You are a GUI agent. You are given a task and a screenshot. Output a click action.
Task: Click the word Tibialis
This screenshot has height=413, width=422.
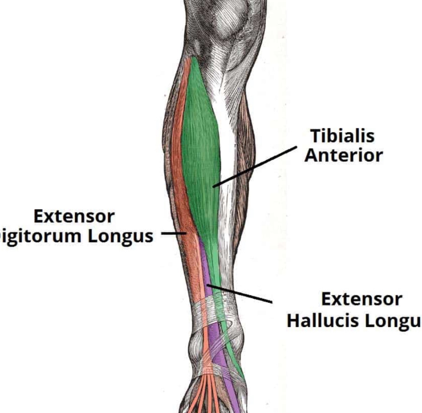click(x=342, y=136)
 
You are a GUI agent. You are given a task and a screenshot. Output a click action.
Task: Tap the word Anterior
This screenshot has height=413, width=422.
click(x=344, y=156)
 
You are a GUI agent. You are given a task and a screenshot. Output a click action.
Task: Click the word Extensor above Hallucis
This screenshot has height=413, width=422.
click(x=362, y=299)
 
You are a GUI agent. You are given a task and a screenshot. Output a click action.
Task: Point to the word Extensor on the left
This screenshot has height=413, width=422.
click(x=74, y=217)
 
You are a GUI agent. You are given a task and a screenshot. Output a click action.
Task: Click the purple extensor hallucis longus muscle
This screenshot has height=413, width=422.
click(x=206, y=269)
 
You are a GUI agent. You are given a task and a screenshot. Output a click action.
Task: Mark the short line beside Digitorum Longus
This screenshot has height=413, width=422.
click(x=173, y=234)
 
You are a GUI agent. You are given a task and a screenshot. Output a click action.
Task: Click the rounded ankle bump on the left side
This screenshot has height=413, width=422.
click(x=196, y=345)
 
